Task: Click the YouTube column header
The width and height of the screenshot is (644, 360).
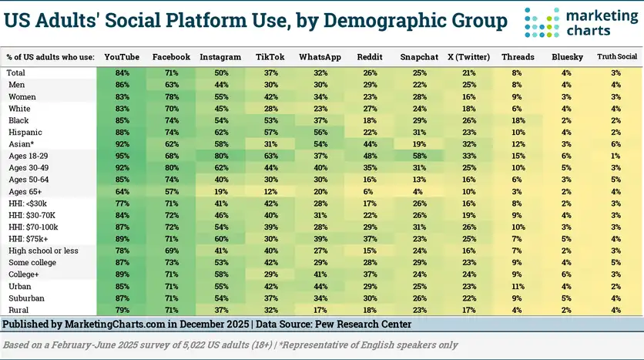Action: coord(121,57)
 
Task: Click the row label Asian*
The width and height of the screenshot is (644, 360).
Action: coord(22,145)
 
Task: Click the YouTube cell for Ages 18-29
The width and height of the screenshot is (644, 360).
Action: coord(121,156)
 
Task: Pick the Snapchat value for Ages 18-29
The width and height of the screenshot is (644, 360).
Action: coord(419,156)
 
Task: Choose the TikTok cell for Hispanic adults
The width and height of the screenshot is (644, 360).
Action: coord(270,133)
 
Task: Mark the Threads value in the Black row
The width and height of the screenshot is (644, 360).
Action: coord(518,121)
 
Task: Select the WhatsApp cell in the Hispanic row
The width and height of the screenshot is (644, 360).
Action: coord(320,133)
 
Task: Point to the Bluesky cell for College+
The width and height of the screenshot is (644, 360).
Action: coord(567,274)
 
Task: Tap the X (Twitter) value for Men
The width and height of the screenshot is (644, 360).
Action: coord(468,85)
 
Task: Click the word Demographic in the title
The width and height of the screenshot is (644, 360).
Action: coord(362,21)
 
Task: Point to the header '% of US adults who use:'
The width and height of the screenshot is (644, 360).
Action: coord(50,57)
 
